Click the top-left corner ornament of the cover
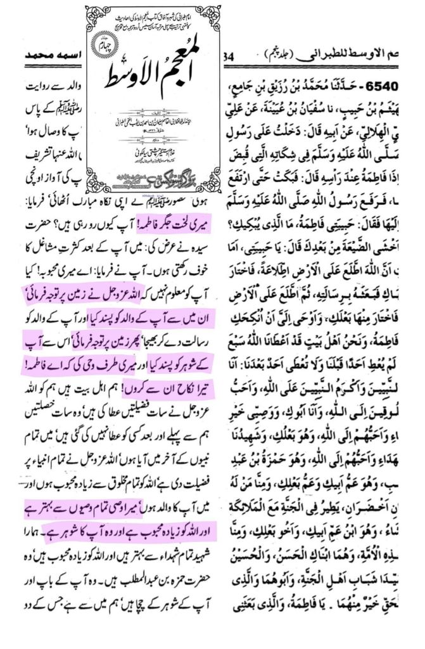pos(93,13)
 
